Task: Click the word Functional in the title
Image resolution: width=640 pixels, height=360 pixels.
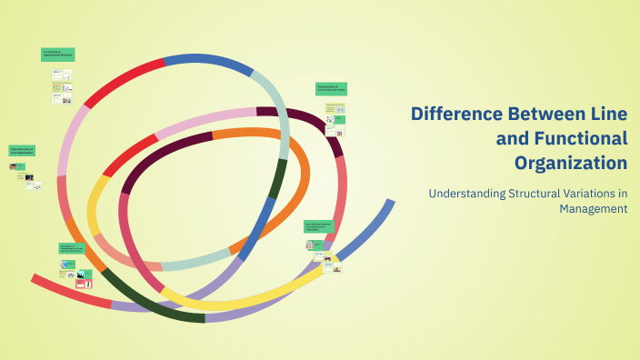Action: tap(577, 139)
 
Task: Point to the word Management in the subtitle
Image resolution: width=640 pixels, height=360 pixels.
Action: tap(594, 208)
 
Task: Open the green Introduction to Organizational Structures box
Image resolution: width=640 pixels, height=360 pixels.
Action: tap(57, 55)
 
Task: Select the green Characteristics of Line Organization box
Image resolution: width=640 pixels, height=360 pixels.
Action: tap(23, 151)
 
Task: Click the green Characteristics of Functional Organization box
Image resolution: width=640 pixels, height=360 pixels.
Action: tap(332, 89)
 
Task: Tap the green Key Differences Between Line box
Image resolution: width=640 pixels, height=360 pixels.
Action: tap(318, 226)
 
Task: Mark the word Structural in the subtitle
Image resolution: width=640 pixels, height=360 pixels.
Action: tap(542, 193)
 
